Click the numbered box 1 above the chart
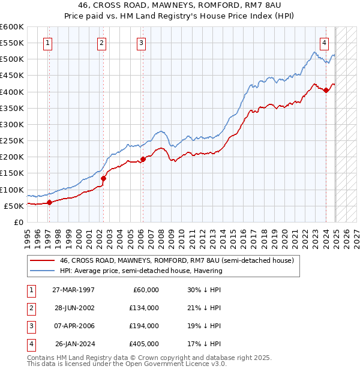(x=47, y=43)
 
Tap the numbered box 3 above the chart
(x=140, y=43)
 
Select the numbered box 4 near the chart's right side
(x=324, y=43)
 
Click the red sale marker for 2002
(x=103, y=178)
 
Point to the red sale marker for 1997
(x=49, y=202)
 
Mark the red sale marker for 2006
(x=143, y=159)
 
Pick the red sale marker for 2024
(x=326, y=91)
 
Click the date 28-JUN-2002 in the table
(x=74, y=308)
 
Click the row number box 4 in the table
(x=29, y=344)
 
